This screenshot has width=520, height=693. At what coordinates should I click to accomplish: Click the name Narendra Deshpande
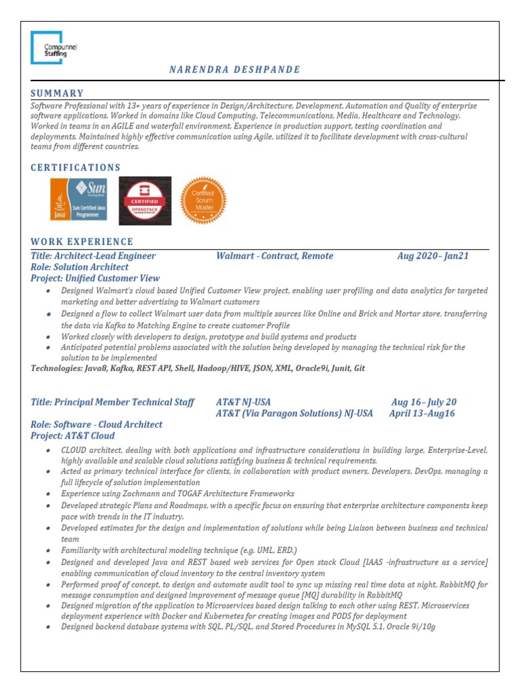click(234, 70)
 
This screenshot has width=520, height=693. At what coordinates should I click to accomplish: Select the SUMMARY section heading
click(58, 93)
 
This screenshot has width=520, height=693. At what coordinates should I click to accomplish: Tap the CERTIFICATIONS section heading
click(76, 167)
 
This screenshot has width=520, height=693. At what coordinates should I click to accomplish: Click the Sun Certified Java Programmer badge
click(79, 200)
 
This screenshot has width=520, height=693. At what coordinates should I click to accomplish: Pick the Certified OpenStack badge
click(145, 200)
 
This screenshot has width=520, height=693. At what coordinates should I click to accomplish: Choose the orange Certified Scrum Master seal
click(203, 200)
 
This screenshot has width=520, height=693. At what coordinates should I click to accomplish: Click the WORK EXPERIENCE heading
click(82, 242)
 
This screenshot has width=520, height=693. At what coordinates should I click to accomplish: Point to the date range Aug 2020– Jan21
click(433, 256)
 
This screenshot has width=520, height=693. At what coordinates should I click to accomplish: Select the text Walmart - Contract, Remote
click(274, 256)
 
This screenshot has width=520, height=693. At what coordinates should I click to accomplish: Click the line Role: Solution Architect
click(79, 267)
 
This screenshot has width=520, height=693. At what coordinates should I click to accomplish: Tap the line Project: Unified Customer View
click(95, 278)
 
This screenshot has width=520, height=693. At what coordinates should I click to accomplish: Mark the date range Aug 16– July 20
click(424, 402)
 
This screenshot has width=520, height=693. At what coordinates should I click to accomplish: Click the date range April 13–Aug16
click(422, 413)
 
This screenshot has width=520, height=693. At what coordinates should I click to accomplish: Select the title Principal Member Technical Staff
click(112, 402)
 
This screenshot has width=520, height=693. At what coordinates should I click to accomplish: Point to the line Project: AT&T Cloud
click(72, 436)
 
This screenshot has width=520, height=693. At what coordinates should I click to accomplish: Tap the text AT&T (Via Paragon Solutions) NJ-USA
click(294, 413)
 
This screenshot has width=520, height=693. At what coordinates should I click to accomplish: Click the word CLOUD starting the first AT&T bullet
click(73, 450)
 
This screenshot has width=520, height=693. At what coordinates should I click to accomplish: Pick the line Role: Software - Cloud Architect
click(96, 424)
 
